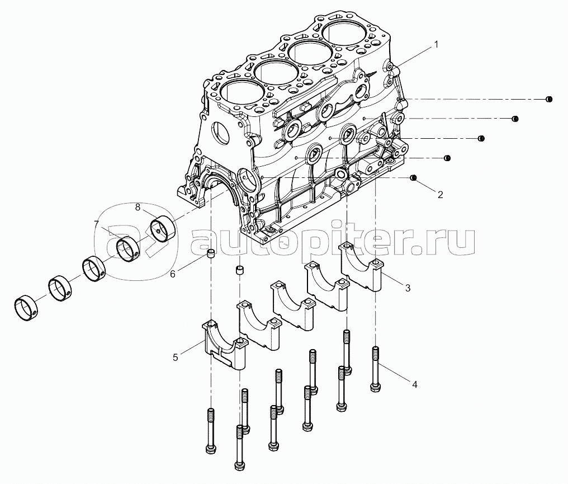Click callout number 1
click(x=436, y=45)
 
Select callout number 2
click(x=440, y=195)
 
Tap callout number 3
click(x=408, y=288)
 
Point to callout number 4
click(x=415, y=384)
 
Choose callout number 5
click(x=176, y=358)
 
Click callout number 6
click(x=172, y=274)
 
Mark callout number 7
click(x=96, y=223)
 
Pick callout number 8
click(x=138, y=208)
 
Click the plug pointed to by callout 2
click(x=413, y=177)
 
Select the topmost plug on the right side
click(x=549, y=100)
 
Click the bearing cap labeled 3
click(x=360, y=266)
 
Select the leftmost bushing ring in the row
click(x=26, y=308)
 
